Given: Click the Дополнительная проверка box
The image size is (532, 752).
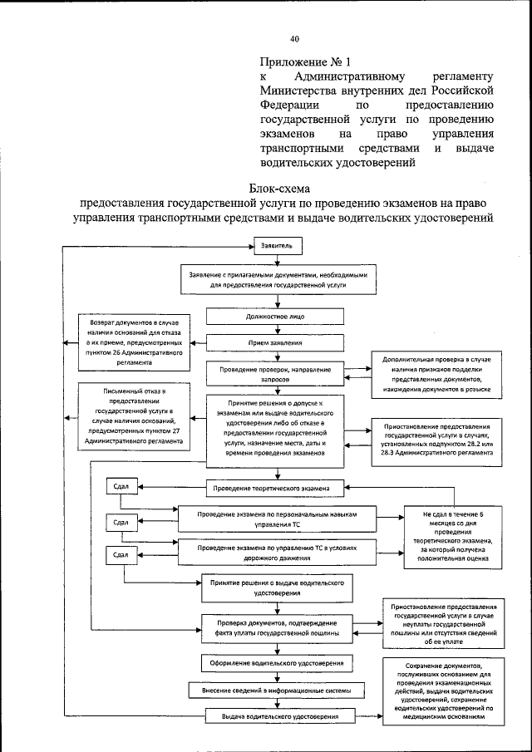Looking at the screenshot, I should (437, 373).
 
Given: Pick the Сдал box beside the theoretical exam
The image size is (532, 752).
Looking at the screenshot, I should (121, 485).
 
